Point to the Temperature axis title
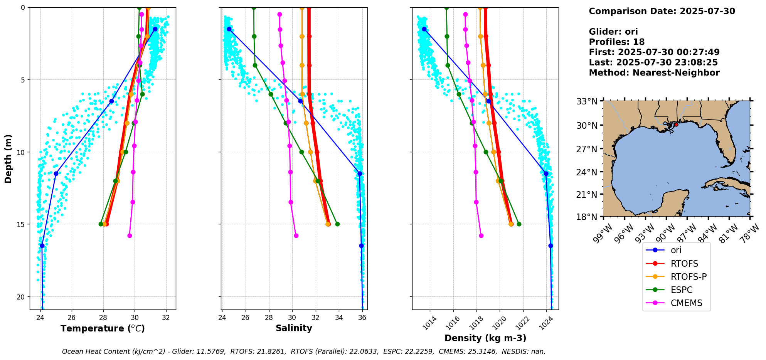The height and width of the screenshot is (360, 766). pyautogui.click(x=103, y=328)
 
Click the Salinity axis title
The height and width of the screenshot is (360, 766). pyautogui.click(x=294, y=328)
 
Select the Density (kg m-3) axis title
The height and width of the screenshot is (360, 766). pyautogui.click(x=485, y=338)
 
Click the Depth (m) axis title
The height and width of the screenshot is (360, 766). pyautogui.click(x=8, y=158)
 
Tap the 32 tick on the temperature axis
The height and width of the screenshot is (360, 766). pyautogui.click(x=166, y=318)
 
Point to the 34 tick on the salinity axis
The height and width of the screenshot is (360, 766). pyautogui.click(x=339, y=318)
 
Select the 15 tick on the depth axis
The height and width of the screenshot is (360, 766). pyautogui.click(x=22, y=224)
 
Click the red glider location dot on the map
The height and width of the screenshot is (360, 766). pyautogui.click(x=676, y=124)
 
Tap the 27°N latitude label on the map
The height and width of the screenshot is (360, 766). pyautogui.click(x=587, y=149)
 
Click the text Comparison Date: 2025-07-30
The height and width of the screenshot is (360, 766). pyautogui.click(x=662, y=11)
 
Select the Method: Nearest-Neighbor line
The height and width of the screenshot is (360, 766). pyautogui.click(x=654, y=73)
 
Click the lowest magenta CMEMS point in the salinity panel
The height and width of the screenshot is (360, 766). pyautogui.click(x=296, y=236)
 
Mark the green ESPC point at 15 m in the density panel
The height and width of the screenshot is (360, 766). pyautogui.click(x=519, y=224)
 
